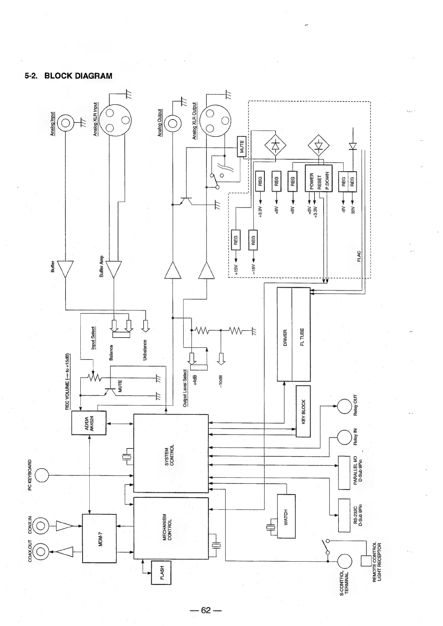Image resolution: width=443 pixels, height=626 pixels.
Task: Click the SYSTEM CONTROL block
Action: coord(171,453)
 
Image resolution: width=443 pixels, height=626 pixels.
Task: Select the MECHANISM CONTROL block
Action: coord(171,528)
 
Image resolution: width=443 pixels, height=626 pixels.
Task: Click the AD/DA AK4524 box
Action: coord(89,423)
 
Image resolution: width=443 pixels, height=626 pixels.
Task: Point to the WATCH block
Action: coord(286,516)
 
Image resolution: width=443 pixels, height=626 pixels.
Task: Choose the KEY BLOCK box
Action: coord(303,411)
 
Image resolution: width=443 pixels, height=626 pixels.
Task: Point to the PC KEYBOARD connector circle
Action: coord(42,475)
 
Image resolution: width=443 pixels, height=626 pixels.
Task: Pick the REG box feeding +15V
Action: coord(235,240)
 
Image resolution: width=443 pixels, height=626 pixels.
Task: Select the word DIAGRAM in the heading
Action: coord(93,76)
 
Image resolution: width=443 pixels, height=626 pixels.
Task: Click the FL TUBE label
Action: coord(302,336)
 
